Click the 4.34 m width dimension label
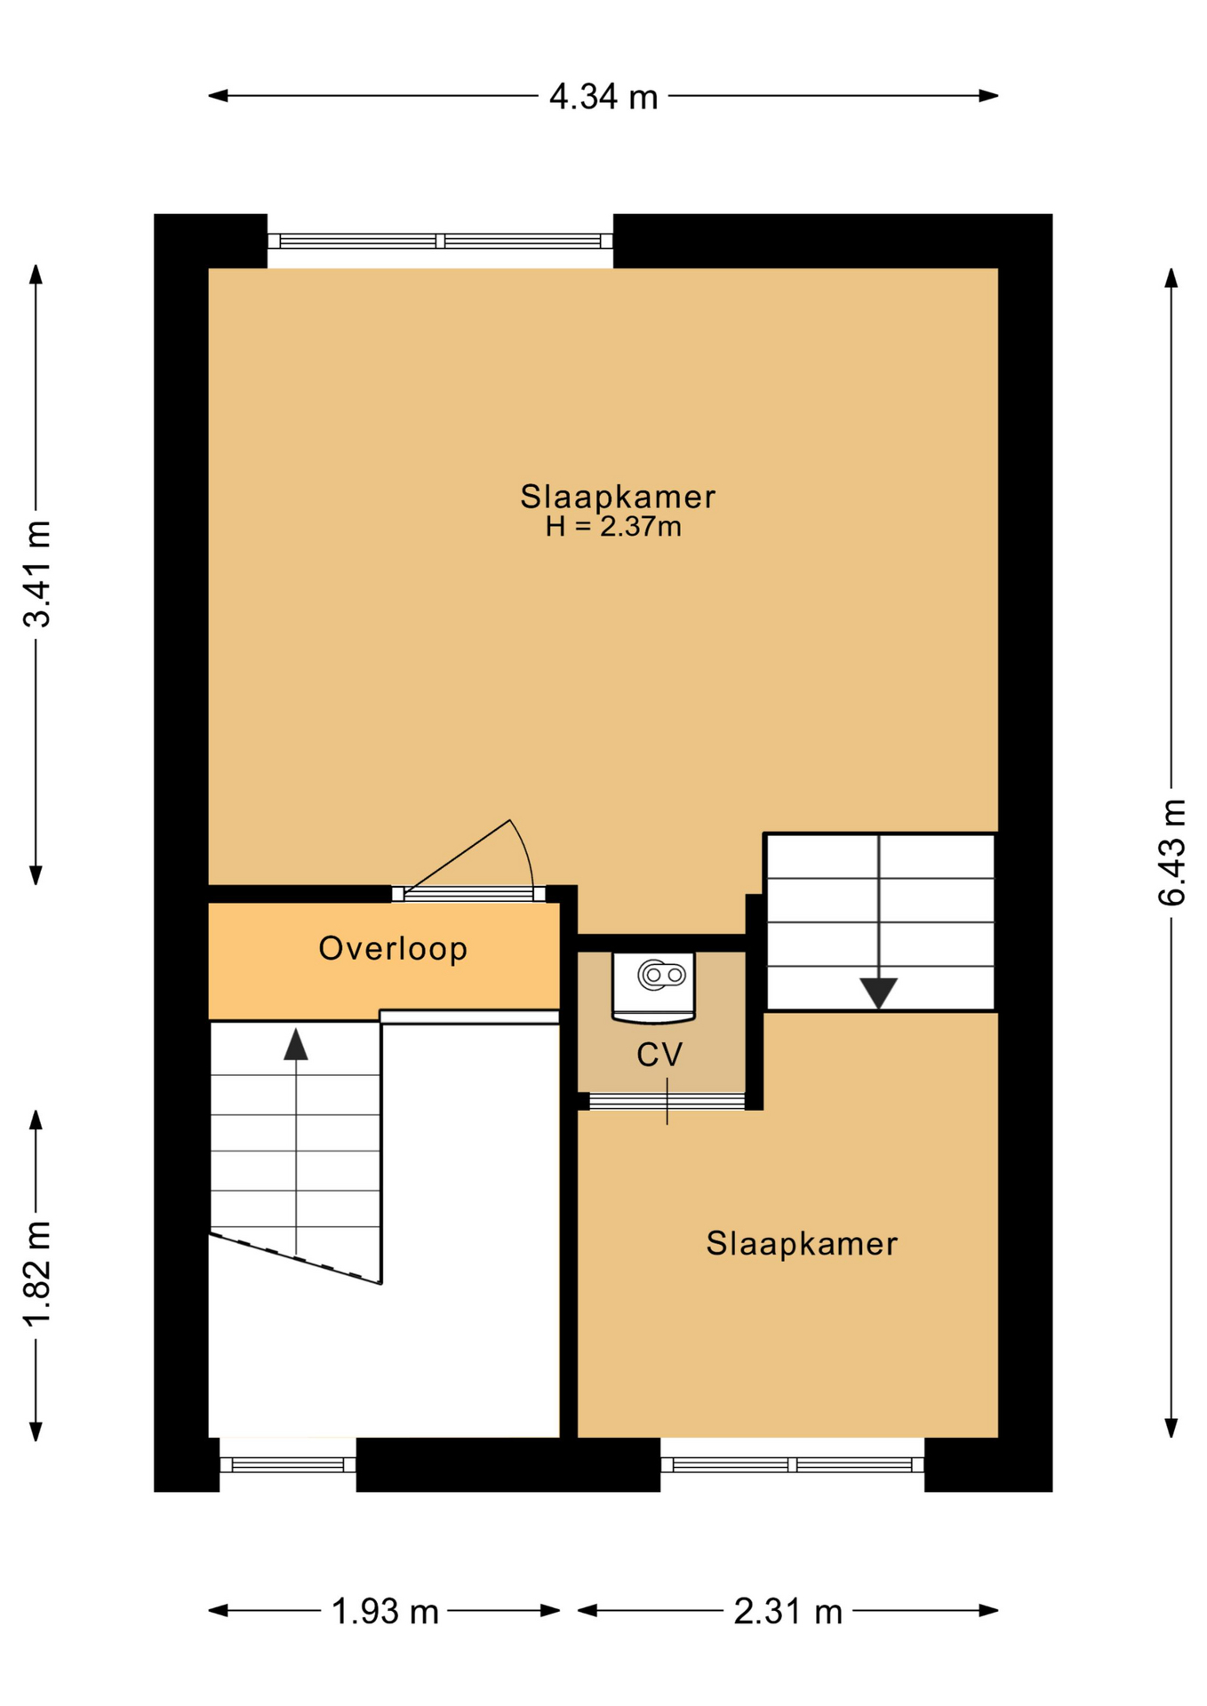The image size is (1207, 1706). point(603,96)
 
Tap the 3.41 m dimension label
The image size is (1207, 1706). point(38,574)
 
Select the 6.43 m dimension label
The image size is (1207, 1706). point(1171,853)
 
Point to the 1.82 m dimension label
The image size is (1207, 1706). point(38,1273)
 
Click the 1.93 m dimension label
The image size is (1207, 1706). point(385,1611)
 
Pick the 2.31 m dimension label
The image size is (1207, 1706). point(787,1611)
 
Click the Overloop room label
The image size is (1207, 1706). point(393,948)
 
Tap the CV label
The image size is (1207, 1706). point(659,1055)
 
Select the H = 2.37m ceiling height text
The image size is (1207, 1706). point(613,527)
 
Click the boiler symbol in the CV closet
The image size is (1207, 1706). point(653,985)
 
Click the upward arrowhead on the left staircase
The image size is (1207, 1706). point(296,1044)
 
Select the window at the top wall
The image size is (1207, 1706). point(440,241)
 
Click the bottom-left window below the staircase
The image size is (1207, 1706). point(288,1465)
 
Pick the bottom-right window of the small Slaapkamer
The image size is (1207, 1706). point(792,1465)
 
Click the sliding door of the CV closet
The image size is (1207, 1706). point(667,1102)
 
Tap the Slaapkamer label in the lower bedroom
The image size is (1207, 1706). point(802,1244)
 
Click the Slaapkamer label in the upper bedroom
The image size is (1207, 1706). point(618,497)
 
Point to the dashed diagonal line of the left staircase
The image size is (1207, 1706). point(295,1258)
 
